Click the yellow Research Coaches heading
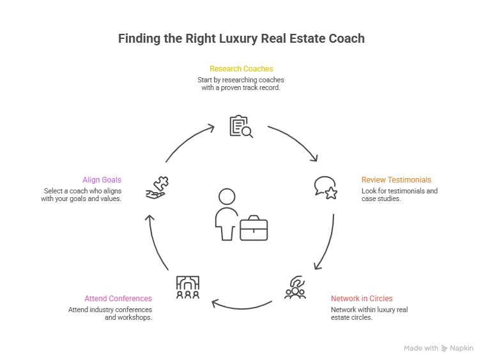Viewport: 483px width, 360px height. tap(241, 68)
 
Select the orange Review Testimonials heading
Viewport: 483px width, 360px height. tap(396, 180)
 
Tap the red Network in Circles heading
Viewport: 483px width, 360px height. tap(362, 299)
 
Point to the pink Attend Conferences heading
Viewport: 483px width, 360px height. tap(118, 299)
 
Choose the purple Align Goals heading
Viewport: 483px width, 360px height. tap(102, 180)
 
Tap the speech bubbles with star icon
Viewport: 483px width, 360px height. tap(325, 187)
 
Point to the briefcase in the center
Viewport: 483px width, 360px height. tap(254, 228)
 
